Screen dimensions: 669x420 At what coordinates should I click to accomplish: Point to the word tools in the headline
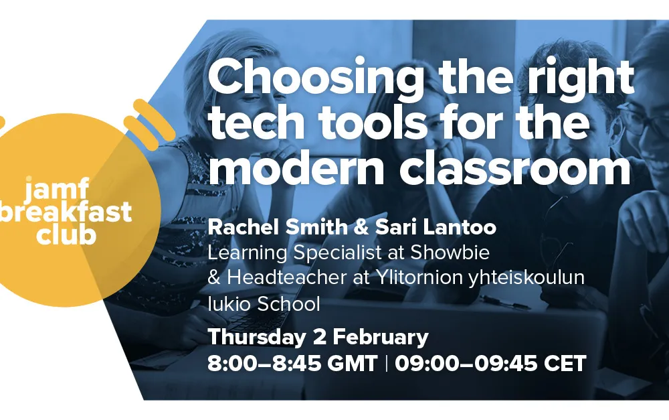pyautogui.click(x=373, y=123)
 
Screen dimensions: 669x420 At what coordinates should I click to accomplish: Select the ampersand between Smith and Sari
pyautogui.click(x=361, y=227)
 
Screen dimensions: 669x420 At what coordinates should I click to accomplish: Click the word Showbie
pyautogui.click(x=450, y=253)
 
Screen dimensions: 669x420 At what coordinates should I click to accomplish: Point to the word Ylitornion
pyautogui.click(x=419, y=278)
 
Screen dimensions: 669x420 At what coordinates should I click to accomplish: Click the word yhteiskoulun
pyautogui.click(x=527, y=278)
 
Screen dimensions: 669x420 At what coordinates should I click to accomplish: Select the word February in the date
pyautogui.click(x=381, y=338)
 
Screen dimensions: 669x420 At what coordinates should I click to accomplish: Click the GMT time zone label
pyautogui.click(x=353, y=364)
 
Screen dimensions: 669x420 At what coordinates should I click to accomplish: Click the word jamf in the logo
pyautogui.click(x=57, y=188)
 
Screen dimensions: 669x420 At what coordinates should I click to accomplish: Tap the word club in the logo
pyautogui.click(x=66, y=234)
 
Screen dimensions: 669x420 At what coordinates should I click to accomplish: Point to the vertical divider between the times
pyautogui.click(x=387, y=364)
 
